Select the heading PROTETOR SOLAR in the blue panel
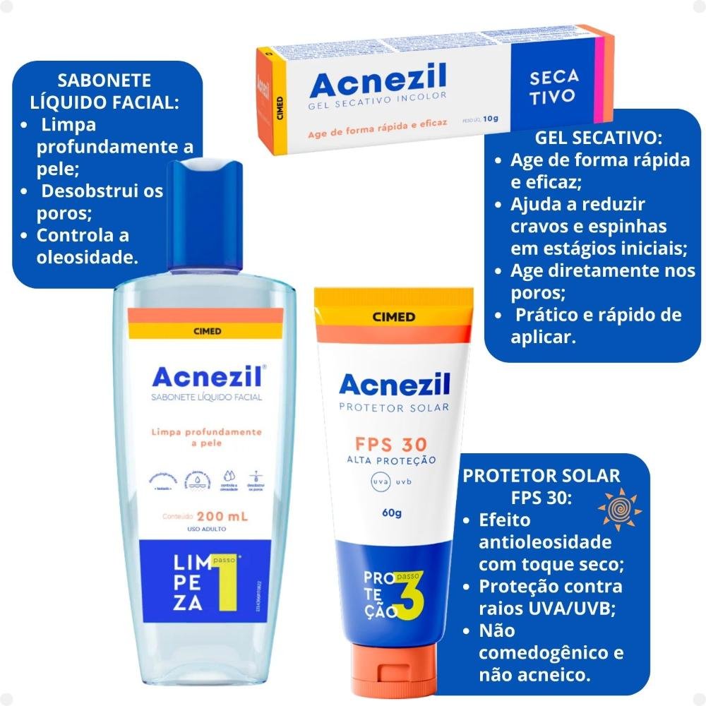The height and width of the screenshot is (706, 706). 542,475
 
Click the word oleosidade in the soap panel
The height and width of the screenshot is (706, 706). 87,257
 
